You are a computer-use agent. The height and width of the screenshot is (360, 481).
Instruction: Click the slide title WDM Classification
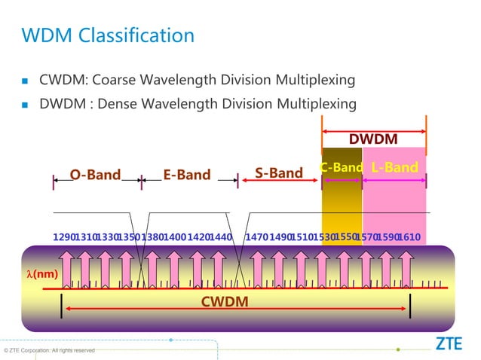[x=107, y=35]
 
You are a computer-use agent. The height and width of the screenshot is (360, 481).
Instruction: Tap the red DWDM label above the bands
[x=373, y=141]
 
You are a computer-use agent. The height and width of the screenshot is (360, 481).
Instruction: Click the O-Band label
[x=95, y=175]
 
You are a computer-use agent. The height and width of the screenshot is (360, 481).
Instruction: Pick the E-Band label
[x=187, y=175]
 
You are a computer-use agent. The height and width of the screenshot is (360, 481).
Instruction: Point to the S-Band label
[x=278, y=173]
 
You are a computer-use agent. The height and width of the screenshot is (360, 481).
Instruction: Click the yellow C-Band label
[x=342, y=167]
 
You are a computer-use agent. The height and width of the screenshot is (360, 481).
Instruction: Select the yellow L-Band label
[x=394, y=167]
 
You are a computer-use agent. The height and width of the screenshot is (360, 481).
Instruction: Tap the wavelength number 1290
[x=63, y=238]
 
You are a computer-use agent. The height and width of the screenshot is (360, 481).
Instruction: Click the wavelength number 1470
[x=258, y=238]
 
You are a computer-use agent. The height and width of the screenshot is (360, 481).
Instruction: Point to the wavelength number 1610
[x=409, y=238]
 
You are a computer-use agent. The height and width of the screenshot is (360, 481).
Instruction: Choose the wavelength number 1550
[x=345, y=236]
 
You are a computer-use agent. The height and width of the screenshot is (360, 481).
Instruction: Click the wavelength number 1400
[x=174, y=238]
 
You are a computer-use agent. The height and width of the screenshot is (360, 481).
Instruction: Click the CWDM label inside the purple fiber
[x=225, y=302]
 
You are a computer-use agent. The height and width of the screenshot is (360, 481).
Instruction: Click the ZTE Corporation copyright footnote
[x=50, y=350]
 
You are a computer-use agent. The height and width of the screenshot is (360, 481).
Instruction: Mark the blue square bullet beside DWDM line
[x=24, y=104]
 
